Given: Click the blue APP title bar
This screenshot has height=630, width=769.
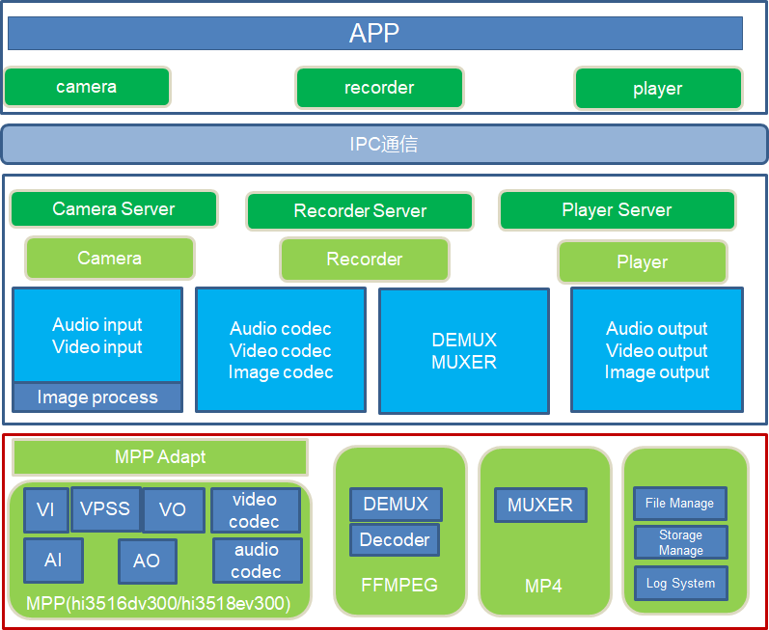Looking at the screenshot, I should (374, 34).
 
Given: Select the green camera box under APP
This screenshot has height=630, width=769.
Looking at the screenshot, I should (87, 87).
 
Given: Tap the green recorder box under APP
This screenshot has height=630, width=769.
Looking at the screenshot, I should (379, 88).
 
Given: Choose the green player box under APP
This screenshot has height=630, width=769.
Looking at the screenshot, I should (658, 89).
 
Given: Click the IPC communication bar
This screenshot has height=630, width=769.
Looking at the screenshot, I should (384, 145).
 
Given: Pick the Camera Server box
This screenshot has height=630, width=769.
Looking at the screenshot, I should (114, 209).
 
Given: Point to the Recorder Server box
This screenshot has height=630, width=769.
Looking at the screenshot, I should (360, 211).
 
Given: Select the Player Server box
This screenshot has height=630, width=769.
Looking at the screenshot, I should (617, 210).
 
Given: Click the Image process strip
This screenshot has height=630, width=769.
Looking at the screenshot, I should (97, 397).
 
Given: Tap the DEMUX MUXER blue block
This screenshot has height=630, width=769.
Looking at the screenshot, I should (464, 351).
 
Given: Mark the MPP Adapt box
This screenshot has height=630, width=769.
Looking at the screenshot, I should (160, 457).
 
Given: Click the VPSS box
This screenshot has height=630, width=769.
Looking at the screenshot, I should (105, 508).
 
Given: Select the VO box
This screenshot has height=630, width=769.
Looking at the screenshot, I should (173, 510).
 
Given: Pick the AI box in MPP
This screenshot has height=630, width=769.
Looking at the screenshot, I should (53, 561).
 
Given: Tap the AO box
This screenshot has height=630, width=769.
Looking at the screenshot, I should (147, 561).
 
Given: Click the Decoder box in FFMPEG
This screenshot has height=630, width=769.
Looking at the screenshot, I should (395, 540).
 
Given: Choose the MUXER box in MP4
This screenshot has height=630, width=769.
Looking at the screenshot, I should (540, 505).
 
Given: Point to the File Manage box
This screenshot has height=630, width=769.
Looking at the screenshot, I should (680, 504).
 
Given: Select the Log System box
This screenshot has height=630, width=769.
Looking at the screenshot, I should (680, 584).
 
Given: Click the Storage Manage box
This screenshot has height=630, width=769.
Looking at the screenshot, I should (680, 542).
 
